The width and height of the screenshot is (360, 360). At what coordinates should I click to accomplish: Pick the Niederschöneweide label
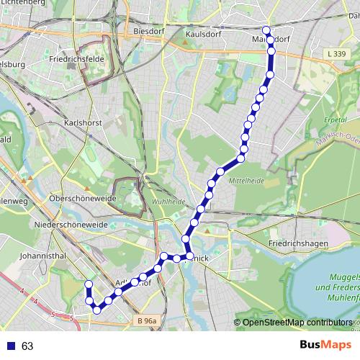tap(71, 225)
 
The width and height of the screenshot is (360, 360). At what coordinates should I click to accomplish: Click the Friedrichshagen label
tap(297, 244)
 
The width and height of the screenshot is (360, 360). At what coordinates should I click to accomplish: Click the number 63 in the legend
tap(27, 346)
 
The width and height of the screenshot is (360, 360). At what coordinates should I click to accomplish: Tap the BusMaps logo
tap(323, 346)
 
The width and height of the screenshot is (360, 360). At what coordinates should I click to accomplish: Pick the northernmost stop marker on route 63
tap(266, 30)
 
